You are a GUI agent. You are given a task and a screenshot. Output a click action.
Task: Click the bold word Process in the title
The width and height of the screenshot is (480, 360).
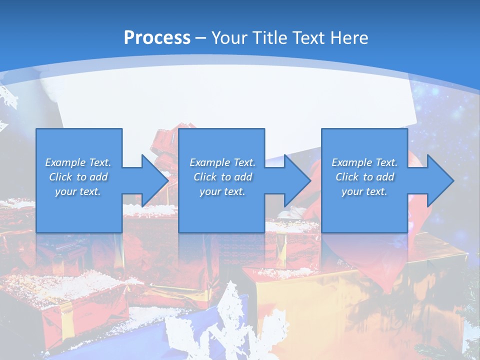coord(157,38)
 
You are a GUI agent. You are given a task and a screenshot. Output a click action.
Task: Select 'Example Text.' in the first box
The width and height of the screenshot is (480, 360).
coord(78,162)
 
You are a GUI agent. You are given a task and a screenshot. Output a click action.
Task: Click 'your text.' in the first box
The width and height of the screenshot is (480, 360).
coord(78,191)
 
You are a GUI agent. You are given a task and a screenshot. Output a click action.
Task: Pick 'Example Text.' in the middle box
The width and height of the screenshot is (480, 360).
coord(222,162)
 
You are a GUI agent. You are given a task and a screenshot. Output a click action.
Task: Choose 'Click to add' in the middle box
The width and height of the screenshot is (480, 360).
coord(222,177)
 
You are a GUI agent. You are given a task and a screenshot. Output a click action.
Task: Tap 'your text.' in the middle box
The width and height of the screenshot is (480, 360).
coord(222,191)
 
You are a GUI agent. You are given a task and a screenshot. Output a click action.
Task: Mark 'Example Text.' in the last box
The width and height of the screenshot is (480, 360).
coord(364,162)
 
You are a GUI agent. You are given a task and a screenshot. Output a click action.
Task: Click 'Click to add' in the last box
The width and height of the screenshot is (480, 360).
coord(364,177)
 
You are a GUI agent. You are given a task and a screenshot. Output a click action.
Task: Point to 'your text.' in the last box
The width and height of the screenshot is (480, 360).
coord(364,191)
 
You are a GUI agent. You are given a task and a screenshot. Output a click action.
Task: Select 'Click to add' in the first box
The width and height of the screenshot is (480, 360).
coord(78,177)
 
